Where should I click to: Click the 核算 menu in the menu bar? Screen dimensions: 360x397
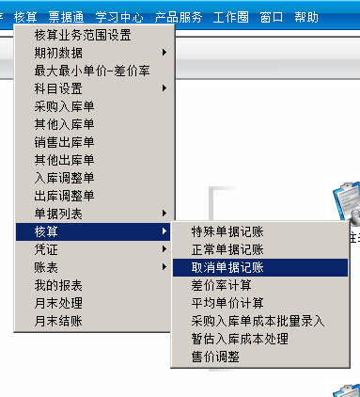(26, 17)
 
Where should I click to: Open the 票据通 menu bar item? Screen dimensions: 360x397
(66, 17)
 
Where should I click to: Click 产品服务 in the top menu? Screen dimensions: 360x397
(179, 17)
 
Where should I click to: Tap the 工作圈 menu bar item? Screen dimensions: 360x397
(232, 17)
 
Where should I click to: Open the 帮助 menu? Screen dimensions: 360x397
(305, 17)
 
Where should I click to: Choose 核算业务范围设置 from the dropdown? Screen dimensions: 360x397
(83, 36)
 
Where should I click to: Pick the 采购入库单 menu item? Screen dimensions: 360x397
(65, 107)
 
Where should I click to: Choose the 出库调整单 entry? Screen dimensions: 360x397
(65, 196)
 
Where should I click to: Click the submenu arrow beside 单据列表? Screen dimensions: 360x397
(165, 214)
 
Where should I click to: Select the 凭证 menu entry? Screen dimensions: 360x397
(46, 249)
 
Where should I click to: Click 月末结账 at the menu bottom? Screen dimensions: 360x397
(58, 321)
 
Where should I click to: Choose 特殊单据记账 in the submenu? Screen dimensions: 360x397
(227, 231)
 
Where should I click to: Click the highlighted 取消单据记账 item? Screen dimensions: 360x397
(227, 267)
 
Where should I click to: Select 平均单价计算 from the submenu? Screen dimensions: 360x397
(227, 303)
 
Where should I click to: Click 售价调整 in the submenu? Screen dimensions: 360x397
(215, 357)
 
